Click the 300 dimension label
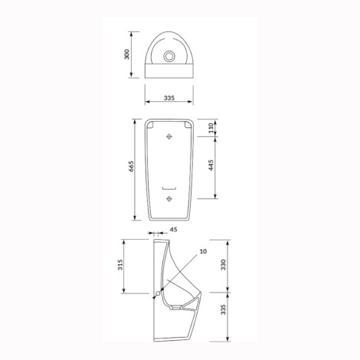click(126, 54)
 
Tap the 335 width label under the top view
click(169, 98)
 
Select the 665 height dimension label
click(131, 166)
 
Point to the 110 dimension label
click(211, 128)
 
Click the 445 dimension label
click(211, 165)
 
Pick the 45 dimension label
click(174, 230)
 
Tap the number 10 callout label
click(203, 251)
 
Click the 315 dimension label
click(120, 265)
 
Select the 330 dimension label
click(224, 265)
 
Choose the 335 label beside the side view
click(224, 309)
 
